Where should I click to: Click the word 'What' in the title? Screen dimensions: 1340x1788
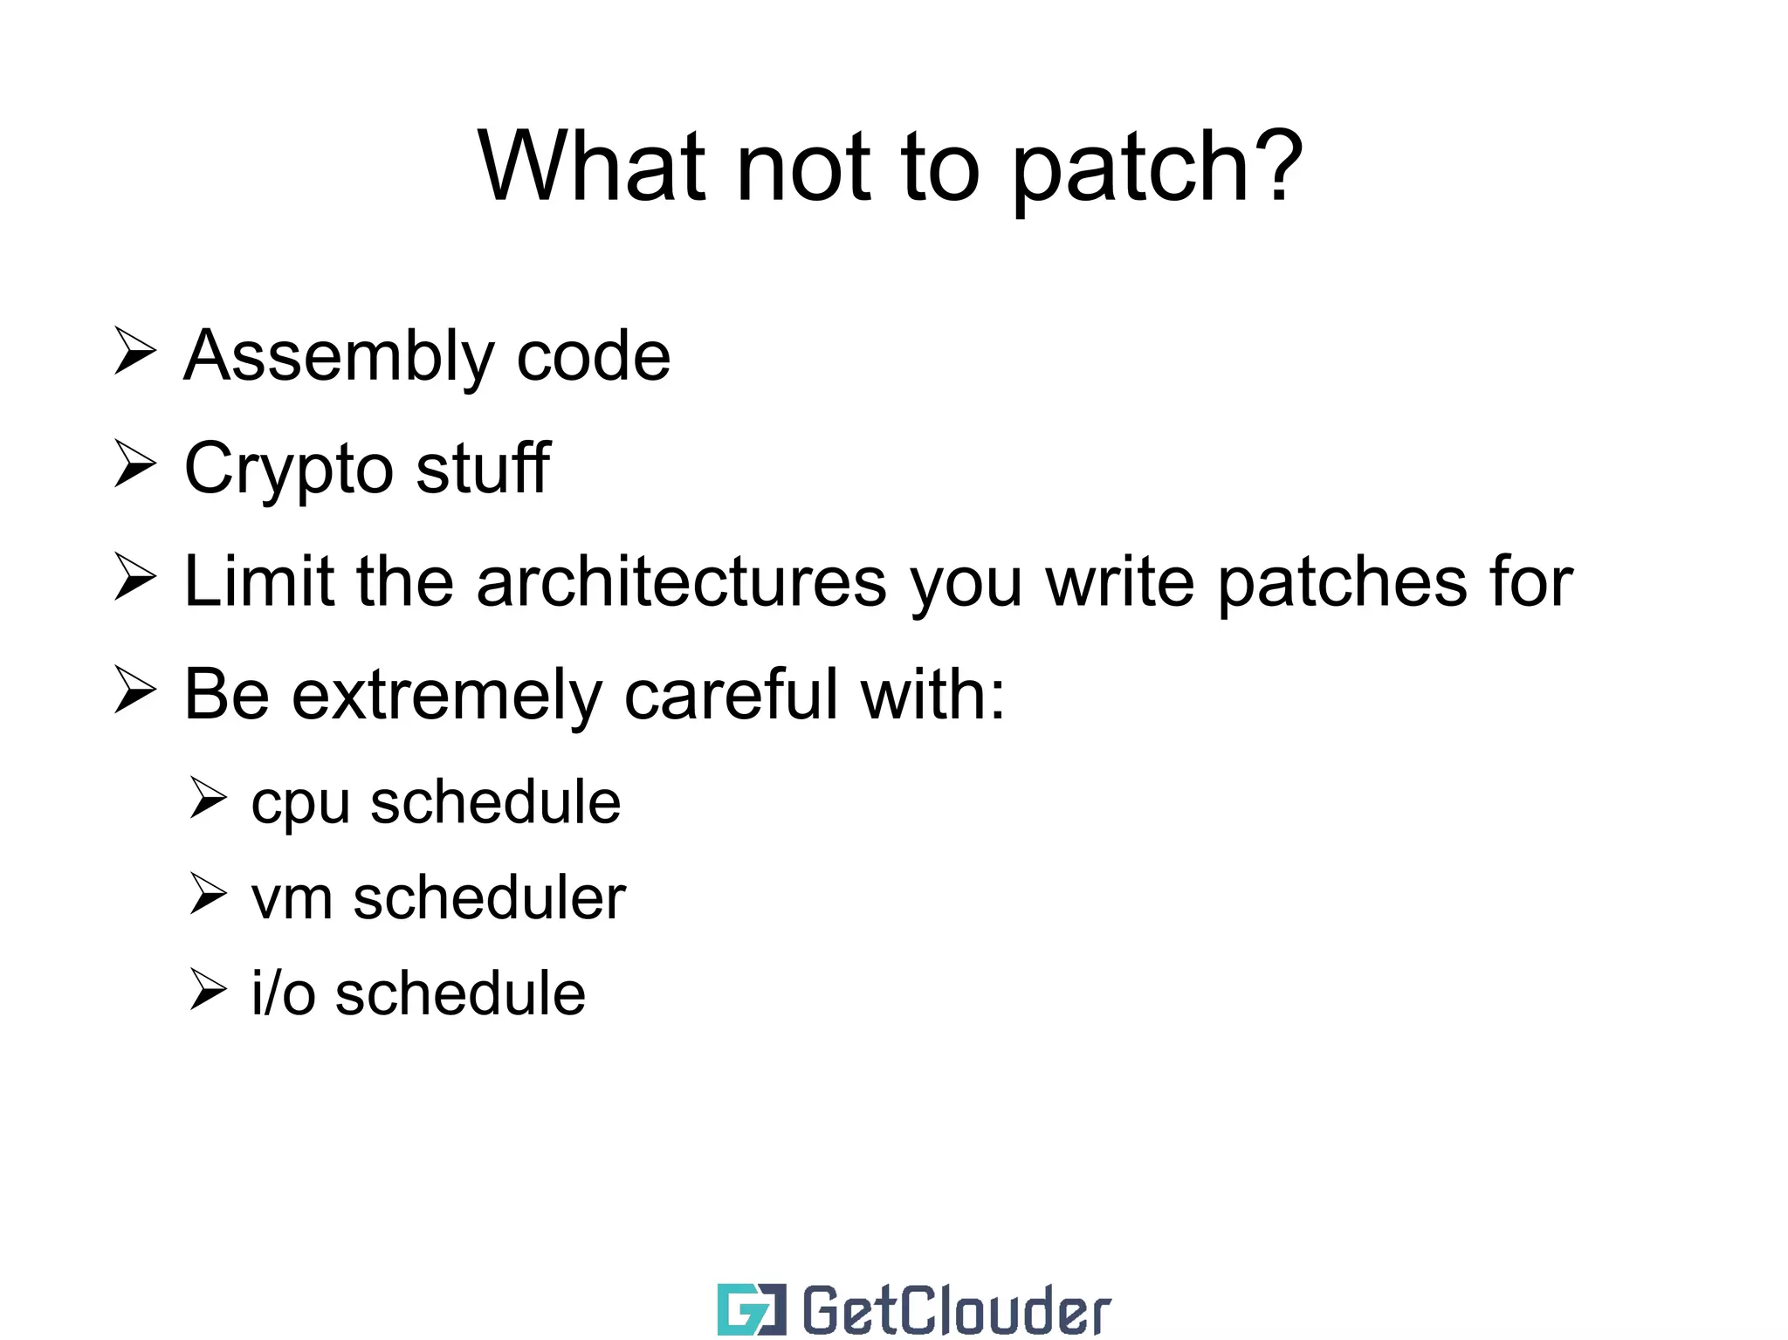[x=591, y=167]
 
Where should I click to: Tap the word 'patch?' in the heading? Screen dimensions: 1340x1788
[x=1158, y=170]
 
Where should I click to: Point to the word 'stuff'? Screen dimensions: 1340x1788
[x=482, y=468]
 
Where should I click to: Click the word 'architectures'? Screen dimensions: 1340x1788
[x=681, y=581]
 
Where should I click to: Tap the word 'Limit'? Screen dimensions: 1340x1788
[x=258, y=581]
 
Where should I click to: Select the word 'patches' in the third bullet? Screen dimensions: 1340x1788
[x=1342, y=583]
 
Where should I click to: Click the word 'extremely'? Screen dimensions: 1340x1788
[x=446, y=696]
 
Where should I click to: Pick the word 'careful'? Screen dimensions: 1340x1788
[x=731, y=694]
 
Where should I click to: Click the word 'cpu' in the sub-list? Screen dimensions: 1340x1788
[x=300, y=804]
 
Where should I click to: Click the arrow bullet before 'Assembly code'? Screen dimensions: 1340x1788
[x=134, y=353]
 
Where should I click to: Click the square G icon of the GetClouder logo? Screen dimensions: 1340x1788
[x=751, y=1309]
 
